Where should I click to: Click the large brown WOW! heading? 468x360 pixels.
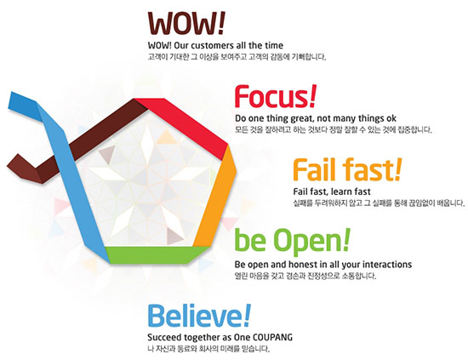pos(186,23)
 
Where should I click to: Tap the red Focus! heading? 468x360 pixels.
pos(275,96)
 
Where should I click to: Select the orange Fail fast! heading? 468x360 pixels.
pos(347,169)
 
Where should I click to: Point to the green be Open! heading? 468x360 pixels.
pos(293,242)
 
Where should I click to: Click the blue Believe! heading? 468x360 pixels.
pos(199,315)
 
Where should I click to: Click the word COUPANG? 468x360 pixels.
pos(272,337)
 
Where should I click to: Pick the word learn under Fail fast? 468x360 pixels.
pos(342,191)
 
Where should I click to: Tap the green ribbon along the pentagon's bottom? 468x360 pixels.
pos(155,254)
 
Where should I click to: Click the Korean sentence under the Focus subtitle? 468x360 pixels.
pos(333,130)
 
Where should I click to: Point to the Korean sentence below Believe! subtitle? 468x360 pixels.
pos(208,349)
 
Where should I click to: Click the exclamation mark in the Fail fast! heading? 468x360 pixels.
pos(398,169)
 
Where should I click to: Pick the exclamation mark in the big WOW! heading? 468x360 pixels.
pos(221,23)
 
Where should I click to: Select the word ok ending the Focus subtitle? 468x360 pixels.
pos(391,118)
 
